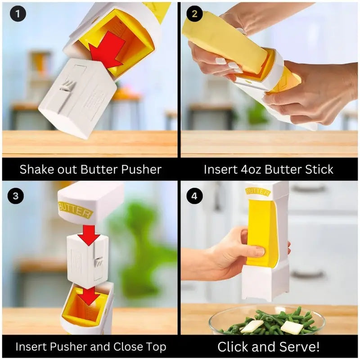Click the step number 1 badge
[x=18, y=13]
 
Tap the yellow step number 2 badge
[x=194, y=13]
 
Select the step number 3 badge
[x=16, y=196]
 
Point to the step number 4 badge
[x=194, y=196]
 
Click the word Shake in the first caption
[x=35, y=169]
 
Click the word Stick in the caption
[x=318, y=169]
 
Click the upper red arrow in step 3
[x=89, y=235]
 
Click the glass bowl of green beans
[x=266, y=320]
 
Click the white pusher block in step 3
[x=88, y=261]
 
